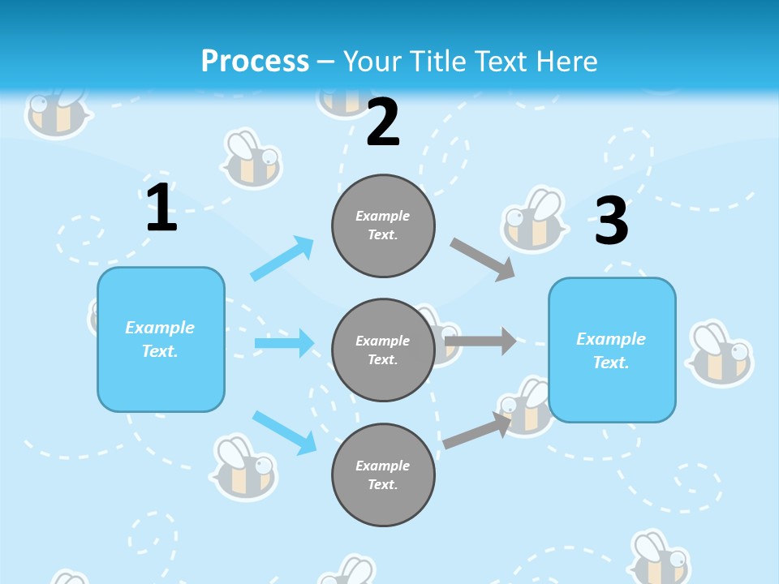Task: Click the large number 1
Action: [x=161, y=208]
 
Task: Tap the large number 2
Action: [x=383, y=123]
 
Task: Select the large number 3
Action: [x=611, y=221]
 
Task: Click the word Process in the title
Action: [x=255, y=61]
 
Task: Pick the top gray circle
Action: [x=383, y=225]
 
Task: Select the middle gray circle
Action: [x=383, y=350]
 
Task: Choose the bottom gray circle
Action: [x=383, y=474]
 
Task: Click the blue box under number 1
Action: [x=161, y=339]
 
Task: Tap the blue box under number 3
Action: [x=612, y=350]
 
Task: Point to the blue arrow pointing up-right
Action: [x=282, y=258]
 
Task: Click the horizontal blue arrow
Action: [x=284, y=343]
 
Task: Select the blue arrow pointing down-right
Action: [x=284, y=432]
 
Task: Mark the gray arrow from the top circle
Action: [x=483, y=259]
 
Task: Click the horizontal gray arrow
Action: [x=480, y=341]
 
